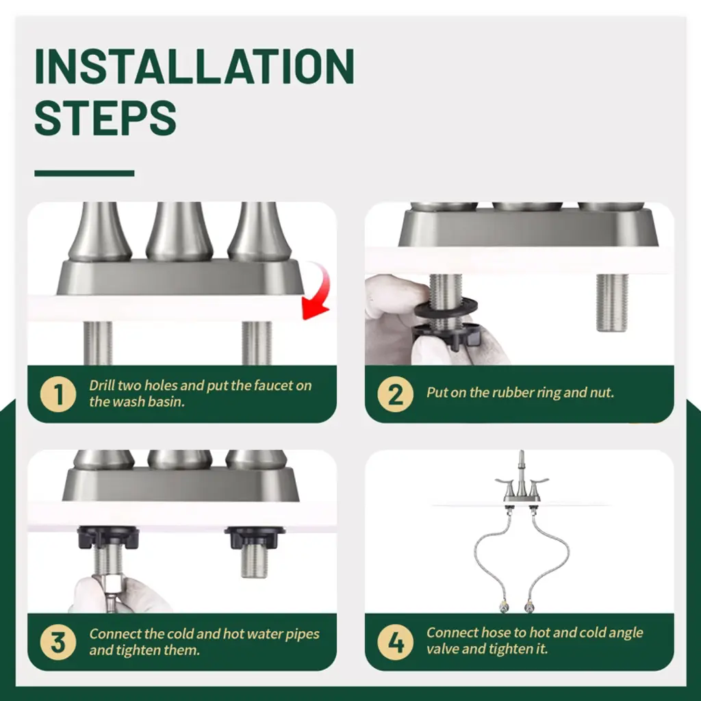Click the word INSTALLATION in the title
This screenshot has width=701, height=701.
coord(194,66)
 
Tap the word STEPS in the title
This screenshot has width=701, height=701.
coord(105,118)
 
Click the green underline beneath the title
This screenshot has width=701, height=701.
coord(84,173)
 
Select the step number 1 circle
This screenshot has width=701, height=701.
coord(58,394)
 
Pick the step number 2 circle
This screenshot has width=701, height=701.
coord(395,394)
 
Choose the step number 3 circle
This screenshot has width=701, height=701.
coord(58,642)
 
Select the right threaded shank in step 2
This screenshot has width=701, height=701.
coord(612,302)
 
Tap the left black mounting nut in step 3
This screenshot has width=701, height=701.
coord(107,537)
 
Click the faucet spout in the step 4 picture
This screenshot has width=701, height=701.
coord(521,470)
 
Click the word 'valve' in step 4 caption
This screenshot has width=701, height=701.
coord(442,649)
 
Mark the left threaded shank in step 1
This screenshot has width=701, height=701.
coord(98,343)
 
